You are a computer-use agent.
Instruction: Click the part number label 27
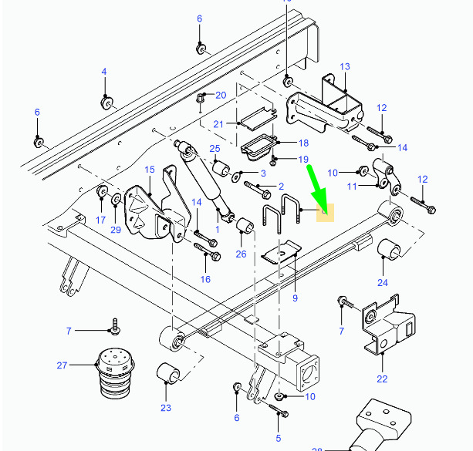[x=63, y=365]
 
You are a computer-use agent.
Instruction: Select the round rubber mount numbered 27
[x=113, y=373]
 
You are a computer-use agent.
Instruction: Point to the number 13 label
[x=344, y=67]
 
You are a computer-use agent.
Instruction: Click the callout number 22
[x=382, y=379]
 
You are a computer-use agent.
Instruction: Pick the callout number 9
[x=295, y=297]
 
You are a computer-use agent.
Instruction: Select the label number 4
[x=103, y=72]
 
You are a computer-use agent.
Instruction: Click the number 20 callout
[x=221, y=96]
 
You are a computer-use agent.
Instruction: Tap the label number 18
[x=302, y=143]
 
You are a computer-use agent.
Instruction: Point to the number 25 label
[x=215, y=149]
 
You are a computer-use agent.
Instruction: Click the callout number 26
[x=241, y=254]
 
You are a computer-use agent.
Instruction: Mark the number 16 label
[x=205, y=279]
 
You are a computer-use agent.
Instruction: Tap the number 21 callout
[x=218, y=124]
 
